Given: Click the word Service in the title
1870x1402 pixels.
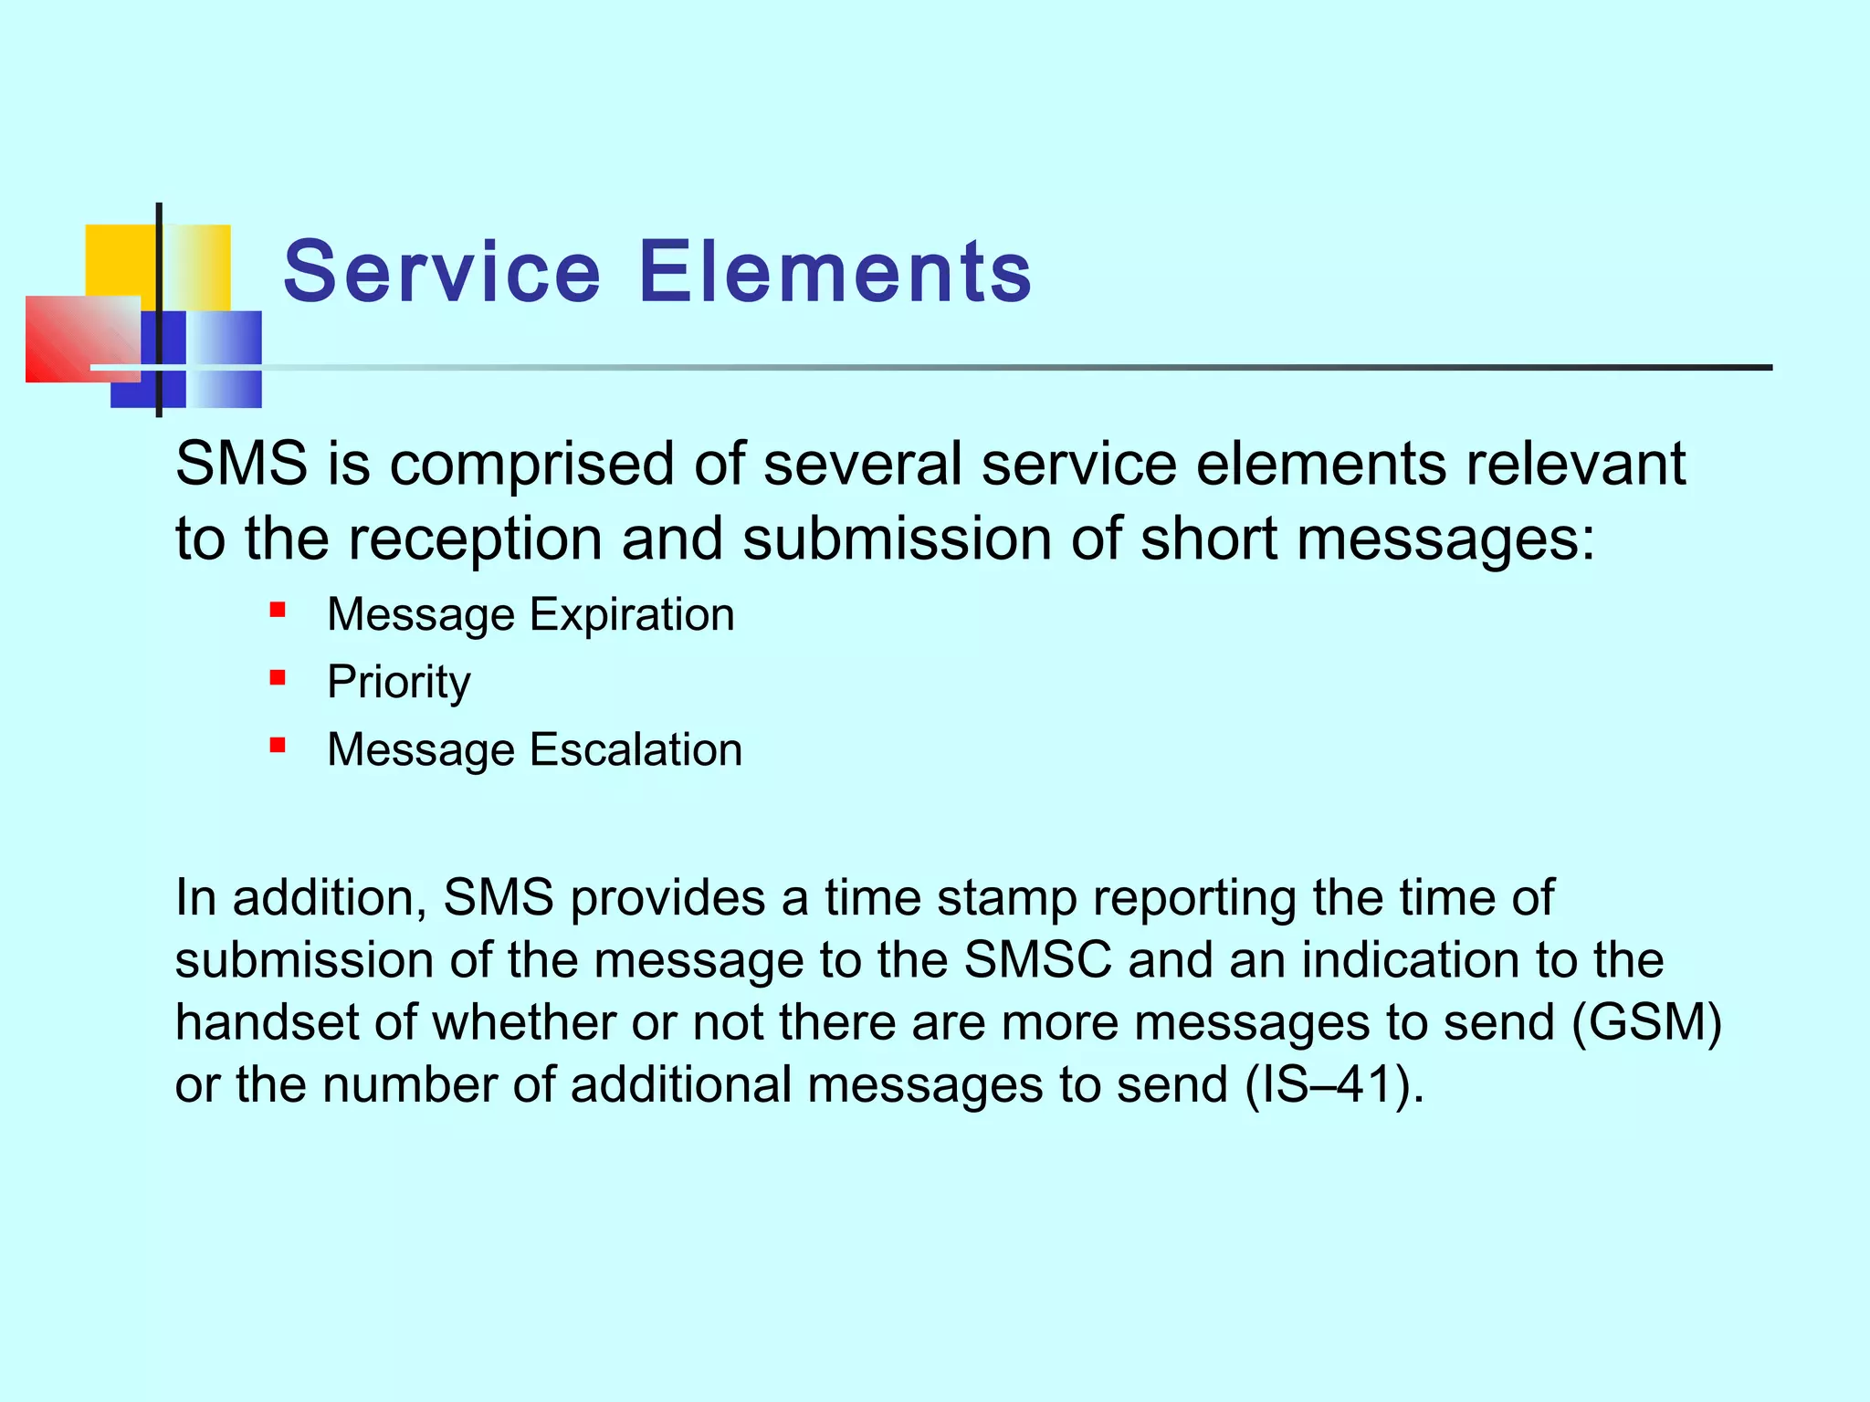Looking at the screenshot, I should pos(442,272).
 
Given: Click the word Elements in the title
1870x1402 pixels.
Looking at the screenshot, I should pos(835,272).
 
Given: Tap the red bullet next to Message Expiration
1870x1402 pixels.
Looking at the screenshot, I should pos(278,610).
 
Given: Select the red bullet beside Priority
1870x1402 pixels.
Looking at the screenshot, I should pos(278,677).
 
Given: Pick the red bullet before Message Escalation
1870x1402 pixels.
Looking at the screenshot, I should pos(278,746).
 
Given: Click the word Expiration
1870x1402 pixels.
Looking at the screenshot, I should pos(632,615).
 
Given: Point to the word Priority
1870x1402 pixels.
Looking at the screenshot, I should pos(398,683).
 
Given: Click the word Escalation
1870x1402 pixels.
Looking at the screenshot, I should pos(636,750).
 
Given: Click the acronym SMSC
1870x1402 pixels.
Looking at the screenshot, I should pos(1037,960).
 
